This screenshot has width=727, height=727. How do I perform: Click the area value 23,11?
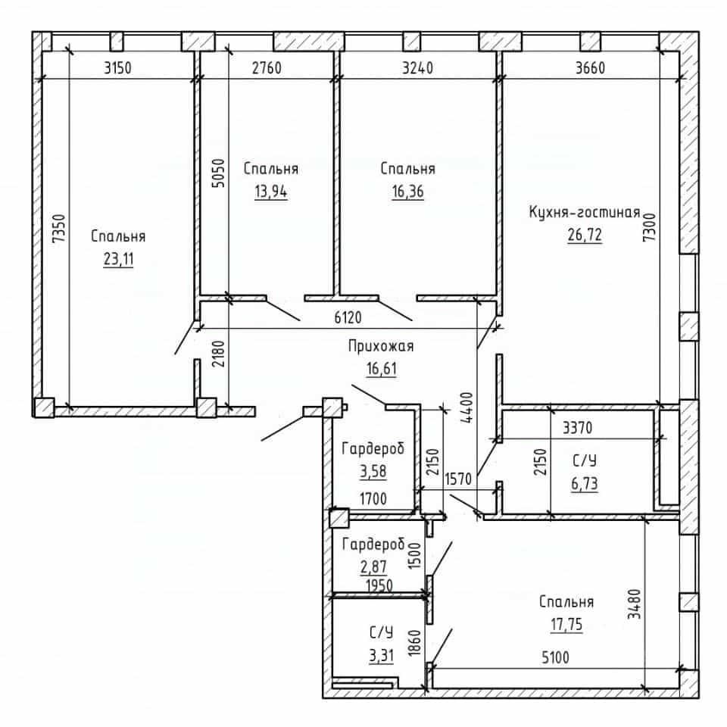(119, 259)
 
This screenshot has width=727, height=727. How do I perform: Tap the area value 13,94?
(271, 191)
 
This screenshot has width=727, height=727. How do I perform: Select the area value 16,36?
(408, 191)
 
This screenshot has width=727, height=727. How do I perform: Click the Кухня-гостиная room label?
(585, 212)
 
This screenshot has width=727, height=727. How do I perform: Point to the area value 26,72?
(585, 235)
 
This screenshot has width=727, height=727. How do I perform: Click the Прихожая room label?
(381, 346)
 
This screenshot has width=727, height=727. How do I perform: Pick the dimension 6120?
(348, 317)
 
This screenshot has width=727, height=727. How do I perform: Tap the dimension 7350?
(59, 229)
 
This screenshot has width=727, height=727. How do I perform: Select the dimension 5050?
(218, 173)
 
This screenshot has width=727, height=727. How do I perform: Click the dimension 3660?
(590, 68)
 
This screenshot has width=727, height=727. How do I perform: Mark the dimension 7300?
(650, 226)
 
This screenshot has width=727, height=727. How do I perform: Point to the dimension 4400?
(467, 407)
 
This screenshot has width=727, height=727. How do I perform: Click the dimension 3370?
(577, 427)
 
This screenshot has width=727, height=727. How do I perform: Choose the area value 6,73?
(584, 484)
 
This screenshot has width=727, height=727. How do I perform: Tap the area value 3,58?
(373, 471)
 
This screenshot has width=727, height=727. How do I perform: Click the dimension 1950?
(379, 585)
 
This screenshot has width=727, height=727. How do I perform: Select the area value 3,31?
(381, 656)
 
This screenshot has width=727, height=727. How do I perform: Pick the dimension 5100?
(555, 657)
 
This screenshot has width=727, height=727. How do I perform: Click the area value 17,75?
(566, 625)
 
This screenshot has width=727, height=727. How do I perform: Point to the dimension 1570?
(458, 479)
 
